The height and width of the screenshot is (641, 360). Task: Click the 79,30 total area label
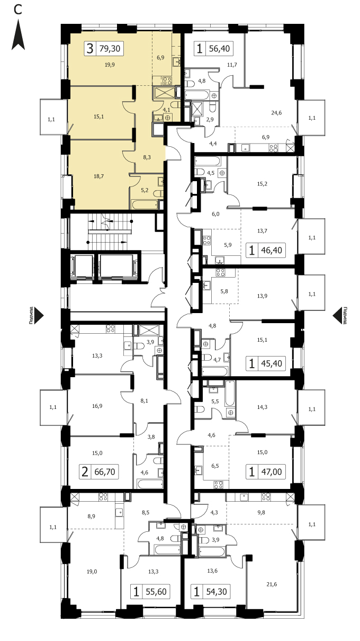pyautogui.click(x=110, y=48)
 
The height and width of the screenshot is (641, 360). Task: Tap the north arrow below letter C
pyautogui.click(x=18, y=34)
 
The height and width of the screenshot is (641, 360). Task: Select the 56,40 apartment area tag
pyautogui.click(x=219, y=48)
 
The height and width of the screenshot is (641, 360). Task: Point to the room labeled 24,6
pyautogui.click(x=276, y=113)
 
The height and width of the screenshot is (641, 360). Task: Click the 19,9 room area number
pyautogui.click(x=110, y=65)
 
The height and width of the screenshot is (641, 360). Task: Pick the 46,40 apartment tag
pyautogui.click(x=272, y=250)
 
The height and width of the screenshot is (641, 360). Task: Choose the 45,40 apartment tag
pyautogui.click(x=272, y=363)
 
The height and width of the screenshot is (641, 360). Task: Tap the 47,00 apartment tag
pyautogui.click(x=272, y=471)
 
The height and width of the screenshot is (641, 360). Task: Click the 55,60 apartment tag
pyautogui.click(x=156, y=592)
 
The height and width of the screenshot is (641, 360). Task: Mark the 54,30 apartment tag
pyautogui.click(x=217, y=592)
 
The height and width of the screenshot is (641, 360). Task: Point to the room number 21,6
pyautogui.click(x=272, y=584)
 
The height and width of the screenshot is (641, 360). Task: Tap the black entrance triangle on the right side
pyautogui.click(x=337, y=316)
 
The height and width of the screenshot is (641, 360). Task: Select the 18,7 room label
pyautogui.click(x=98, y=176)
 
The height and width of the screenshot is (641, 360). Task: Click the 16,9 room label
pyautogui.click(x=97, y=406)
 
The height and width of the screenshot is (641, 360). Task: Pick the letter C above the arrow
pyautogui.click(x=17, y=10)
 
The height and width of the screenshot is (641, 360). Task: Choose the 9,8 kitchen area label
pyautogui.click(x=261, y=512)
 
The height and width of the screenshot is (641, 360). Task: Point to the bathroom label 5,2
pyautogui.click(x=145, y=190)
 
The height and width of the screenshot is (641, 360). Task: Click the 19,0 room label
pyautogui.click(x=92, y=572)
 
